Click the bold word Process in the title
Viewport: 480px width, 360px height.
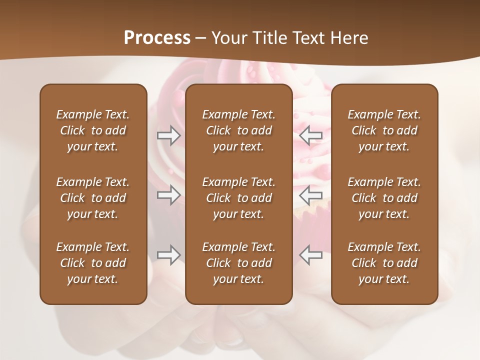tap(157, 38)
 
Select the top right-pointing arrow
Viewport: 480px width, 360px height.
tap(168, 135)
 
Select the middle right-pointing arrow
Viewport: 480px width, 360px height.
tap(168, 195)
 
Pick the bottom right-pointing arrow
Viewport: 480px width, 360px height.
tap(168, 255)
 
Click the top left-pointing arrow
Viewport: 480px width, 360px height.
tap(311, 135)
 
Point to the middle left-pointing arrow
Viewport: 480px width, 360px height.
tap(311, 195)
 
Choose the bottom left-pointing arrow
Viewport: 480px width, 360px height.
tap(311, 255)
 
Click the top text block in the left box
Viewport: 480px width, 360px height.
tap(93, 130)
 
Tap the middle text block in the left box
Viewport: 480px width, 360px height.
tap(93, 198)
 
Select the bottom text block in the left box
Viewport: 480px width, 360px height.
tap(93, 263)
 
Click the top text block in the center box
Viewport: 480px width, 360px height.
tap(238, 130)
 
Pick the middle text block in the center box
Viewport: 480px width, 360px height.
tap(238, 198)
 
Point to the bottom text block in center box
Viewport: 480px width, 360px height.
tap(238, 263)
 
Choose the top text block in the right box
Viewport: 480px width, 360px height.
tap(384, 130)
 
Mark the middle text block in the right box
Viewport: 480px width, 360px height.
tap(384, 198)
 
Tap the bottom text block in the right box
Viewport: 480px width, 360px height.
tap(384, 263)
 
